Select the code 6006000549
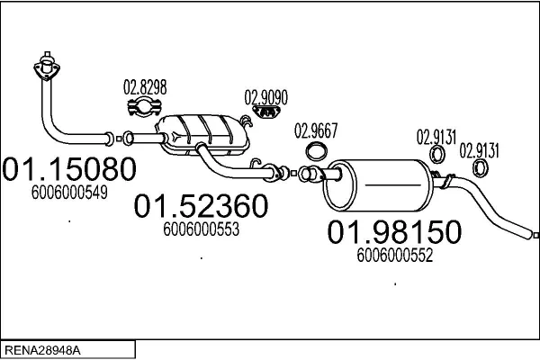(x=69, y=192)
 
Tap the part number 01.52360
(x=202, y=207)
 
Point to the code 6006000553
(x=201, y=230)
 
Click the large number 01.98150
(x=393, y=232)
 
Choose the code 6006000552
(x=395, y=255)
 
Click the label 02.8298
(x=144, y=87)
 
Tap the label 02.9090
(x=266, y=96)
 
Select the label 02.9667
(x=316, y=131)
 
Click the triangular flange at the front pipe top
(x=44, y=69)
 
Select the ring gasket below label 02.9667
(x=316, y=150)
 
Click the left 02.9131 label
(x=436, y=138)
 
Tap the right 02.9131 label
(x=480, y=149)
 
